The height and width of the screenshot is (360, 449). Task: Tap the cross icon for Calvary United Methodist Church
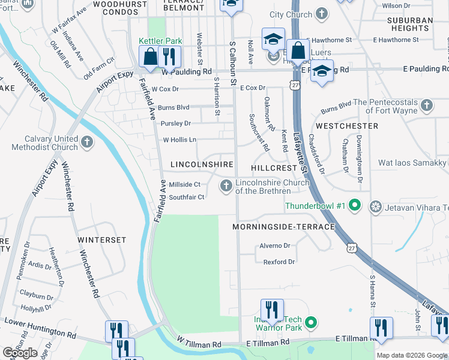88,142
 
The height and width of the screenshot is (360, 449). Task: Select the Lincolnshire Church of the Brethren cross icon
226,187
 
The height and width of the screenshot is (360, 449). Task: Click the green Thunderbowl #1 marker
354,206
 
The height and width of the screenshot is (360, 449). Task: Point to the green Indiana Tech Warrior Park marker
310,323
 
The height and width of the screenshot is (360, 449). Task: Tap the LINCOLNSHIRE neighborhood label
202,164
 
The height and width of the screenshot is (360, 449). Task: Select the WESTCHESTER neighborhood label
347,126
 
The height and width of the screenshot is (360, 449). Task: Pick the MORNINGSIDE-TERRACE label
284,227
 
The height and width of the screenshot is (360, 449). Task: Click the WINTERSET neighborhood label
101,239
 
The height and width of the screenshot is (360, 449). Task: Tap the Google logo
20,353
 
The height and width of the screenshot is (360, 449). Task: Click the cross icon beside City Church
322,14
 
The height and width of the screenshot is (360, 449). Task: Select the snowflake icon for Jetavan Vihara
376,207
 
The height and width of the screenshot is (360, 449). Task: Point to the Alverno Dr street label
274,245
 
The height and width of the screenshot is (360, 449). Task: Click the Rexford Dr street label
279,262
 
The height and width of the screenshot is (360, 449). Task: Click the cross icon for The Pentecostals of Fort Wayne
426,106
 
